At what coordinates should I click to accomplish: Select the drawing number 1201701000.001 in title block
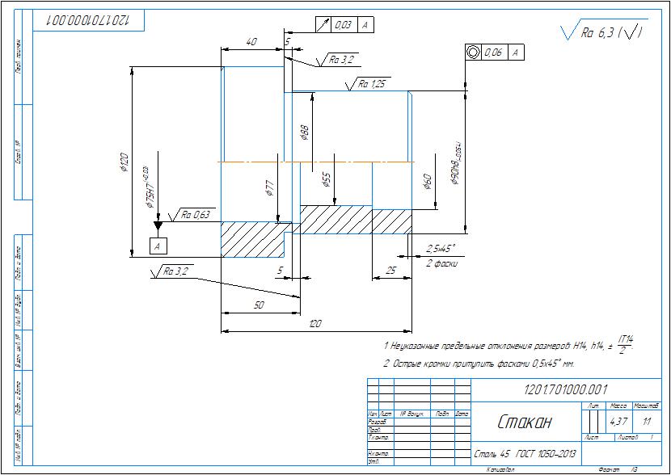click(566, 389)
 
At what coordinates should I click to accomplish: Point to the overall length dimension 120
click(316, 324)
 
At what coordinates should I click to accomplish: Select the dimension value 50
click(259, 305)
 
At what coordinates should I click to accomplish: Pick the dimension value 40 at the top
click(251, 41)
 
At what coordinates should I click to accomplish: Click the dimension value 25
click(391, 271)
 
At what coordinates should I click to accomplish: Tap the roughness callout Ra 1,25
click(372, 83)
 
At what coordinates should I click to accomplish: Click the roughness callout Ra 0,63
click(196, 215)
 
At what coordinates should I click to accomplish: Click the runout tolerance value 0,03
click(342, 26)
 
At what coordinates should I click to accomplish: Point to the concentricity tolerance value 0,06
click(494, 53)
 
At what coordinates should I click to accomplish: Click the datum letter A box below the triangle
click(158, 244)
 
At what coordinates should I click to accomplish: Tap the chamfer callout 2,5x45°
click(441, 249)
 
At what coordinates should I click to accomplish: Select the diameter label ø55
click(326, 179)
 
